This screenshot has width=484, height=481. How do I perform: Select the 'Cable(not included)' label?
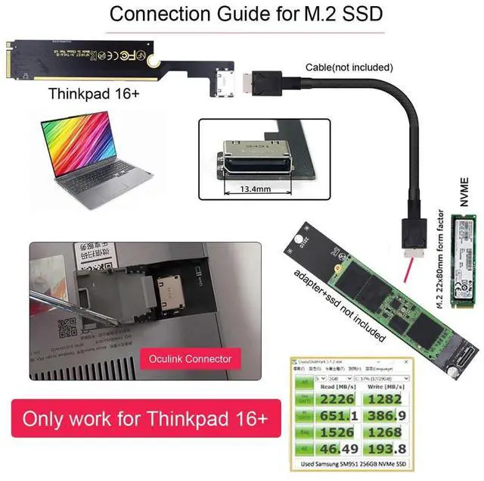click(x=349, y=67)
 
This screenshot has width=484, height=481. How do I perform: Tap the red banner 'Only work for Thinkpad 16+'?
click(x=141, y=418)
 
